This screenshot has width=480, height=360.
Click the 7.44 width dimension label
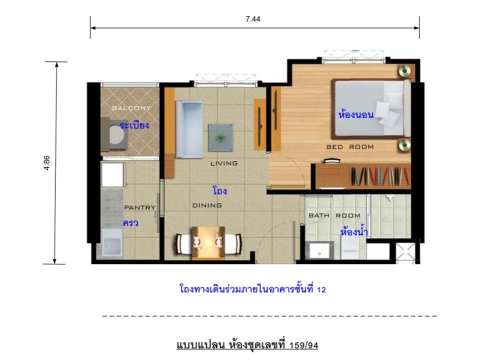[x=253, y=19]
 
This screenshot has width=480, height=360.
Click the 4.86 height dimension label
[x=46, y=163]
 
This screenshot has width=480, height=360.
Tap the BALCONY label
[x=131, y=108]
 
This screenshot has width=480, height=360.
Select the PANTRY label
[x=140, y=207]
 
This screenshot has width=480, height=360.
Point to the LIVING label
[x=224, y=163]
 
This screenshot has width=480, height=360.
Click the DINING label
[x=207, y=205]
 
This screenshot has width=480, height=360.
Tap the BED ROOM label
[x=350, y=147]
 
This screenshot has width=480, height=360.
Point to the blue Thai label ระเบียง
[x=134, y=125]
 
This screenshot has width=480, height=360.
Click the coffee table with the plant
[x=220, y=138]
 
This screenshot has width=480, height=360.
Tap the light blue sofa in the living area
[x=189, y=129]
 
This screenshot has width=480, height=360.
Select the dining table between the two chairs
[x=208, y=243]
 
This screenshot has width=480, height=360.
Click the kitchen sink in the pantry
[x=112, y=242]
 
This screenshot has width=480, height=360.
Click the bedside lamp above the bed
[x=404, y=71]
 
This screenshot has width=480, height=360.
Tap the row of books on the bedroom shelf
[x=380, y=176]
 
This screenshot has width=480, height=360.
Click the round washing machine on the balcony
[x=117, y=134]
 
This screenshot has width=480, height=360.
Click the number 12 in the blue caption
[x=321, y=289]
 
